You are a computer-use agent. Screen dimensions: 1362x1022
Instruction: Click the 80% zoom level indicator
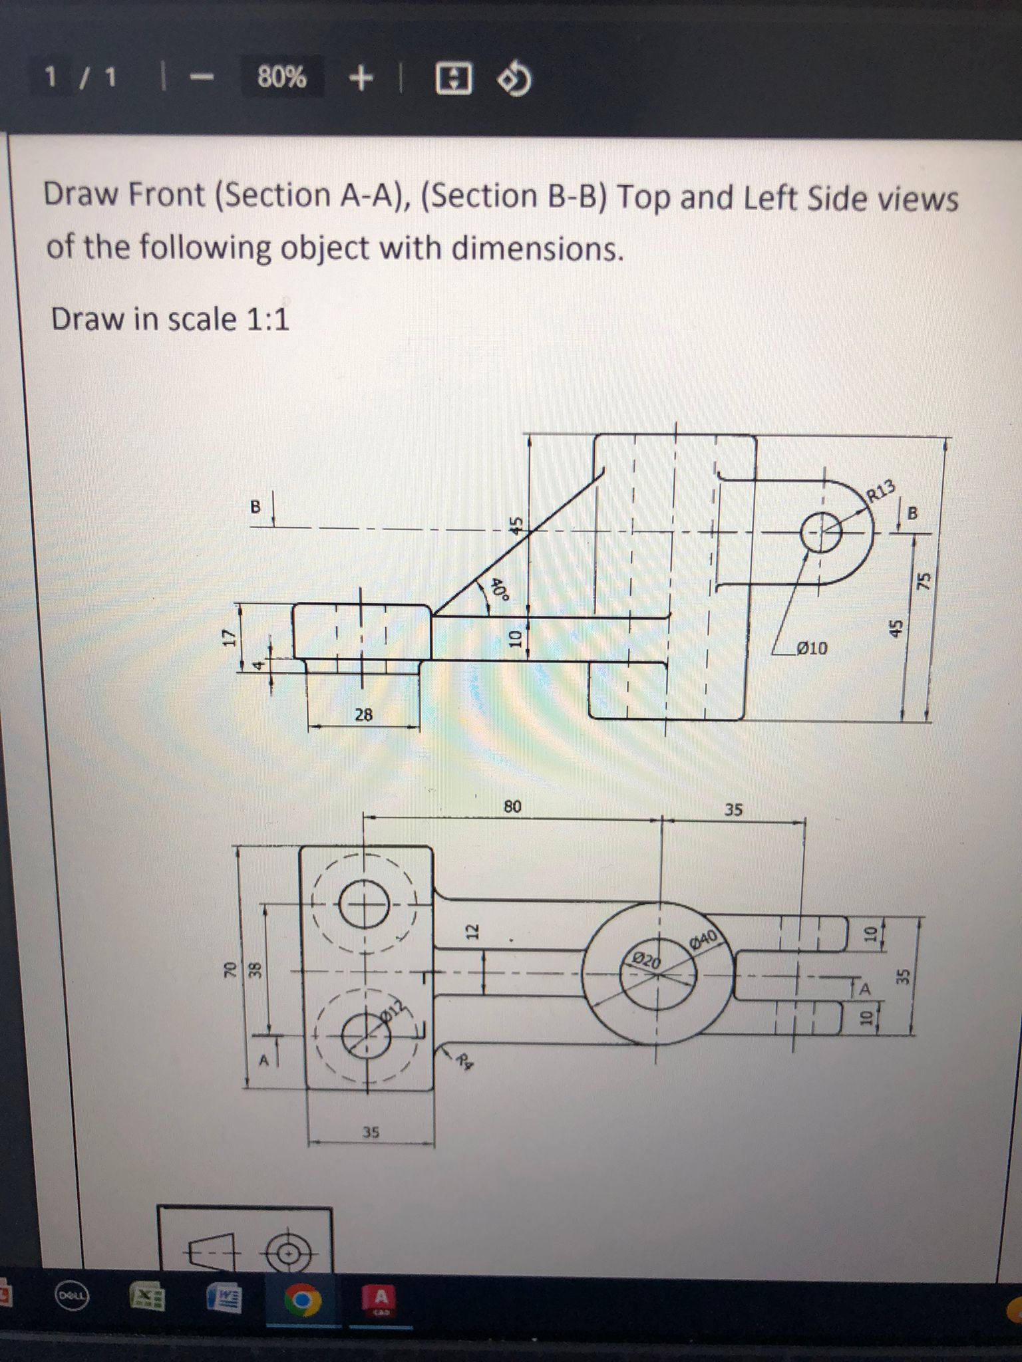[x=282, y=78]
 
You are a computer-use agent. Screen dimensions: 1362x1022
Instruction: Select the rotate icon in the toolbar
[x=515, y=80]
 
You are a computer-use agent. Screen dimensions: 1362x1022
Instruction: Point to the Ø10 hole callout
[x=812, y=648]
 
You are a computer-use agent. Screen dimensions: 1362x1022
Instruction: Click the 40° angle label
[x=499, y=589]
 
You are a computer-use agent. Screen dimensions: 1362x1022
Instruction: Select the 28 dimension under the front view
[x=364, y=715]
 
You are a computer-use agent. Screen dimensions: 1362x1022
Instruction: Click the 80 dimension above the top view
[x=512, y=807]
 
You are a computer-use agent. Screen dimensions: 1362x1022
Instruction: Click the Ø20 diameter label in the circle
[x=646, y=960]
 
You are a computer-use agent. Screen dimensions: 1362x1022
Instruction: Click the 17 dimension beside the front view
[x=229, y=637]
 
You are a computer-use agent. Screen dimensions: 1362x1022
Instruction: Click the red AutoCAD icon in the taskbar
[x=381, y=1299]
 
